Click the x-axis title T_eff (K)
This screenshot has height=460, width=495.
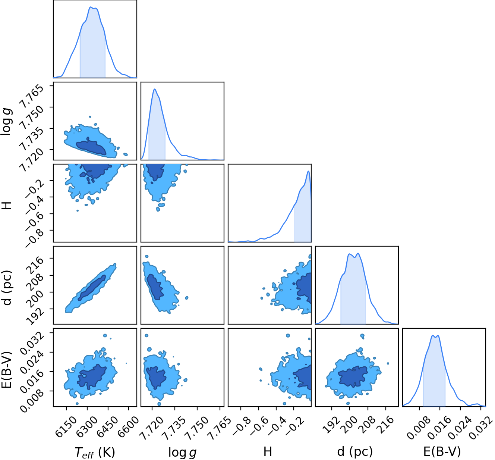click(x=95, y=452)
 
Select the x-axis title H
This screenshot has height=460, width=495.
click(x=268, y=451)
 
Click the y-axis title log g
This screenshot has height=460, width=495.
click(x=6, y=122)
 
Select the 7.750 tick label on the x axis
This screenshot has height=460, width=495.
click(x=197, y=428)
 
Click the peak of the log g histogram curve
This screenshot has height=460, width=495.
click(x=155, y=89)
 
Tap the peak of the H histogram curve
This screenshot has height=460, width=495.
click(x=309, y=171)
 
